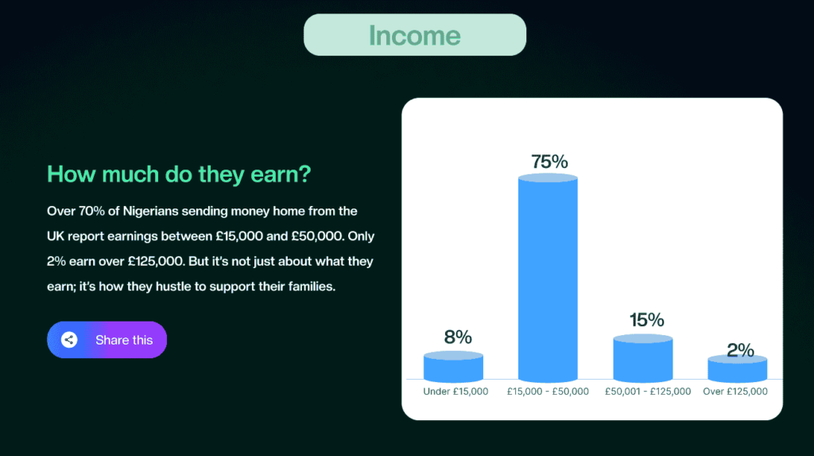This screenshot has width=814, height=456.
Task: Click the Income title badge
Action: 414,35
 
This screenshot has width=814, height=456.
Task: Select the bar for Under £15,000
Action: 453,368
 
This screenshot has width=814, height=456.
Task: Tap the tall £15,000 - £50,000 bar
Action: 548,279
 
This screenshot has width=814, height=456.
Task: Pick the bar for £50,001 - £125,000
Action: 643,358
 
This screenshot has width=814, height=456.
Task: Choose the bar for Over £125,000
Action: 737,370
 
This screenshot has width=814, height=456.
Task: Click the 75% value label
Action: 549,162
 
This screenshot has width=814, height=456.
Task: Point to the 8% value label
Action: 458,337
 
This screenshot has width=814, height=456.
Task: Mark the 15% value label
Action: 646,320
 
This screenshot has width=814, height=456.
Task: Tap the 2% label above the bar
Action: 740,350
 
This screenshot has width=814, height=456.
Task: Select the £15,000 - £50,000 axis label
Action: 548,392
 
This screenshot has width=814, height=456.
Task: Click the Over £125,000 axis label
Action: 735,392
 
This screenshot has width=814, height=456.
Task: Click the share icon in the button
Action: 69,340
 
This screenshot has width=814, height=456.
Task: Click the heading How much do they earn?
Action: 179,174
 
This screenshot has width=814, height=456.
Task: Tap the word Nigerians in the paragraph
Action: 144,211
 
